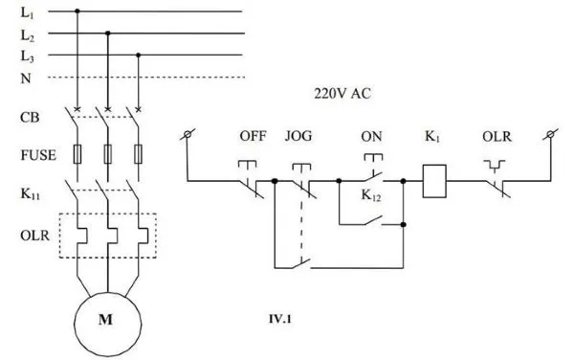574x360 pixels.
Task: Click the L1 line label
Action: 26,12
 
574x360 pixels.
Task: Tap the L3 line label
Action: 26,56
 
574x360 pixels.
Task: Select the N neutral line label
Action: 24,78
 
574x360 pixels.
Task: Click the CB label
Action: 29,118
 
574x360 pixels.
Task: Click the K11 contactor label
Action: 31,192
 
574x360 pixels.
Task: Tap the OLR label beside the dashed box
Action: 33,232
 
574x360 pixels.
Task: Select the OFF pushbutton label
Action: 253,136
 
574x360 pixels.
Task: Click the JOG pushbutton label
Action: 298,136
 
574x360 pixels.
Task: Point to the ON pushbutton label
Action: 371,136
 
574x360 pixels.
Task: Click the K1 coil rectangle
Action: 436,180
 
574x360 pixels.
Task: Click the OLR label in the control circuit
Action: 497,136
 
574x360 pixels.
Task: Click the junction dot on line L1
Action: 77,11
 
